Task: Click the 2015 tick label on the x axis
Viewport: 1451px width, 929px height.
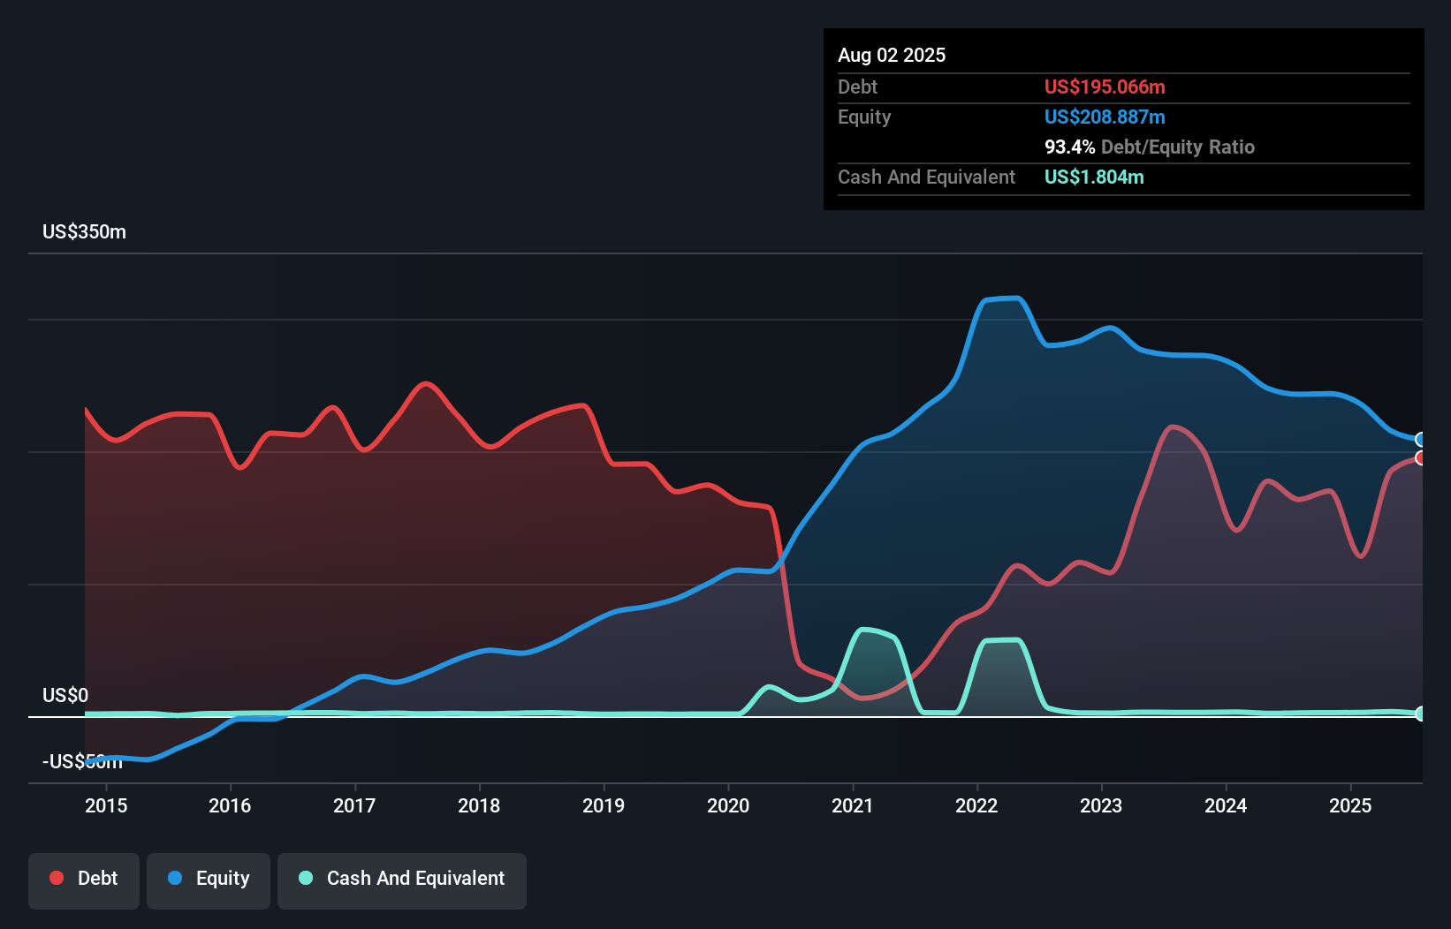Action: (106, 805)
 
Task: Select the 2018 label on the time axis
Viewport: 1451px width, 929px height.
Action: (479, 805)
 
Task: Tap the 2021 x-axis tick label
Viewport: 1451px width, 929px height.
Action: (853, 805)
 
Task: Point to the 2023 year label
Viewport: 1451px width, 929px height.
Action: (1101, 805)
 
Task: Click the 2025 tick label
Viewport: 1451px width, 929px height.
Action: (1350, 805)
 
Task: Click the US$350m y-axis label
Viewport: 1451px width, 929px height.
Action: (84, 232)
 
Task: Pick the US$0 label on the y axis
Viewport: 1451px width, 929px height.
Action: (65, 695)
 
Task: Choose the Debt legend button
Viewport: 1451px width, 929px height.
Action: (84, 879)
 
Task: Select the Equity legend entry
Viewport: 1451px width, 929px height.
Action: (209, 879)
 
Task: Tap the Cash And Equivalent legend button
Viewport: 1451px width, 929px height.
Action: (402, 879)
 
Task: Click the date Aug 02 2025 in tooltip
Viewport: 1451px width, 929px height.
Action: (892, 56)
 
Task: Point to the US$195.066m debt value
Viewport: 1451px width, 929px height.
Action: (1105, 87)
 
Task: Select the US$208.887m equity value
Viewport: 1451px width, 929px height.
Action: (1105, 117)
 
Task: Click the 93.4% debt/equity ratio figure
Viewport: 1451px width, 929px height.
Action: (1069, 147)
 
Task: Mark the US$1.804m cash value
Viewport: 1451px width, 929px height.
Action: (1094, 177)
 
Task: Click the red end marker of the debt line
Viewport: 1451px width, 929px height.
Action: (1420, 457)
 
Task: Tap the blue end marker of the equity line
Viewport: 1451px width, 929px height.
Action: (1420, 440)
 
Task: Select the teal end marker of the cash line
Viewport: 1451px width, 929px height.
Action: (1420, 714)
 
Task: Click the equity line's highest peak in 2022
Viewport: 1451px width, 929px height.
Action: (1016, 298)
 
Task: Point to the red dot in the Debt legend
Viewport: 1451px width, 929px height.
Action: (57, 878)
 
